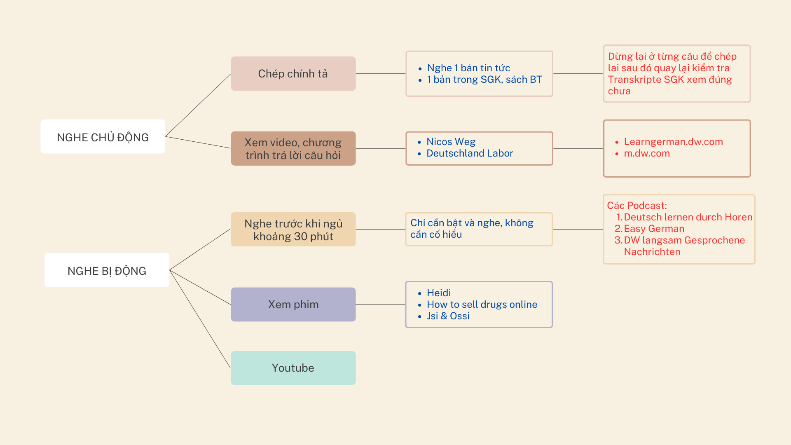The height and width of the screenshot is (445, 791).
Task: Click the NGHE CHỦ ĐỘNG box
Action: (103, 136)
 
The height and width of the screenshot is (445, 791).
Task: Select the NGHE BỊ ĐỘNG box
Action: (107, 270)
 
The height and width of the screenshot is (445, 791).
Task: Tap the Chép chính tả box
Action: (293, 73)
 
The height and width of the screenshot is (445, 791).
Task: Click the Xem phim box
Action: (293, 304)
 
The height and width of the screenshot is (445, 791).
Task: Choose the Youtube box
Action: (293, 368)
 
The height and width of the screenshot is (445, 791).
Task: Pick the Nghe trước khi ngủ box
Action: (293, 230)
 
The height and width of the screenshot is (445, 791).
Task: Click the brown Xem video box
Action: (293, 148)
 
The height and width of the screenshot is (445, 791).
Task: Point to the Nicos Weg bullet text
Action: (451, 142)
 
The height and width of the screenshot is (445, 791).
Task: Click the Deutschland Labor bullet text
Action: (470, 153)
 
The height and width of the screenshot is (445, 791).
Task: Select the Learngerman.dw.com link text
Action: (674, 142)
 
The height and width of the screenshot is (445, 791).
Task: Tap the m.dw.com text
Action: (647, 153)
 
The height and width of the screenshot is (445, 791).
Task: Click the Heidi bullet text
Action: (439, 293)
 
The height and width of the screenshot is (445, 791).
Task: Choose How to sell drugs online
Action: (482, 304)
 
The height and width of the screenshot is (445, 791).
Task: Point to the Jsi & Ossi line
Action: (448, 316)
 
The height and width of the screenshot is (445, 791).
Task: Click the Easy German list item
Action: (654, 229)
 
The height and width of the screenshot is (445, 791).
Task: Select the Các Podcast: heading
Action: (637, 206)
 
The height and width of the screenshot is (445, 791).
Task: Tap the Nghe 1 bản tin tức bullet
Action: (469, 68)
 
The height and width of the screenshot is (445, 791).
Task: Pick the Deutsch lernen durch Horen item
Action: (688, 217)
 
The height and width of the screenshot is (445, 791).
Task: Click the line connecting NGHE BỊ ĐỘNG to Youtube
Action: (200, 319)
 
